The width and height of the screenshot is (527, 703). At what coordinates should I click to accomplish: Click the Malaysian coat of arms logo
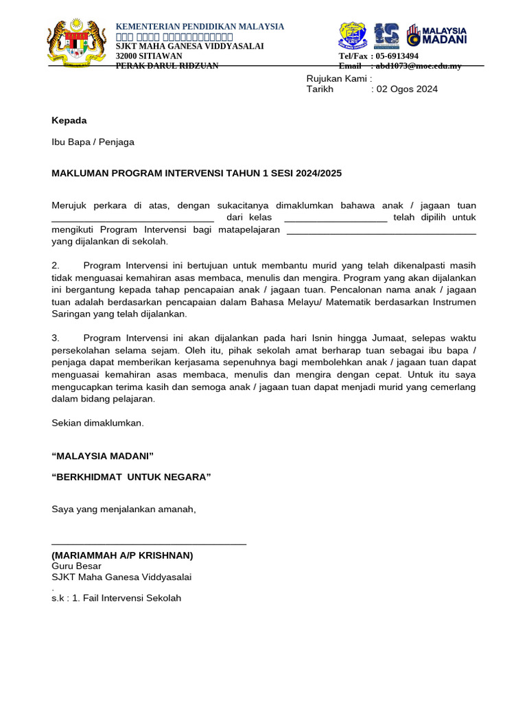click(x=76, y=43)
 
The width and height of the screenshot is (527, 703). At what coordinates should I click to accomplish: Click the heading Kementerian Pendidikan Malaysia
click(x=200, y=26)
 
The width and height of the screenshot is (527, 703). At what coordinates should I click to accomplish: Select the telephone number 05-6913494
click(x=394, y=56)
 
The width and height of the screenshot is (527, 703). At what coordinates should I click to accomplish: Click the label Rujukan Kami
click(x=338, y=78)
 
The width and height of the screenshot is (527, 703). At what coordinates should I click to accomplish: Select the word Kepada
click(x=69, y=120)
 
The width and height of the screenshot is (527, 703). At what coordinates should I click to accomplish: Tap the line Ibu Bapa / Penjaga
click(x=93, y=142)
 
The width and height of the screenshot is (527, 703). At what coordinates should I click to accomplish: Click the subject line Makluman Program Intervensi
click(x=196, y=174)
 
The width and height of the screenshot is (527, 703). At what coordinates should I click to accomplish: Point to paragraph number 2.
click(x=56, y=265)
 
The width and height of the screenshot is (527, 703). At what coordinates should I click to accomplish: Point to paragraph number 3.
click(x=56, y=338)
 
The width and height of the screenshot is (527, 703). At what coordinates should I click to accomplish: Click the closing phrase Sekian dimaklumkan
click(x=97, y=423)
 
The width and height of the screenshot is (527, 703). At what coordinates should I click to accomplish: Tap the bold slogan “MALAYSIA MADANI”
click(x=102, y=456)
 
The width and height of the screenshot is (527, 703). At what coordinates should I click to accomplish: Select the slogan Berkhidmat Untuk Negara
click(x=131, y=477)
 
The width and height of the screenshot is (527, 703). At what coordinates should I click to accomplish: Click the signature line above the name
click(x=149, y=542)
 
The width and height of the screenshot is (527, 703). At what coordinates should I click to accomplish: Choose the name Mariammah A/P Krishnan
click(x=122, y=555)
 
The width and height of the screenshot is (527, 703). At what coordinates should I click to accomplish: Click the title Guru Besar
click(x=76, y=566)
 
